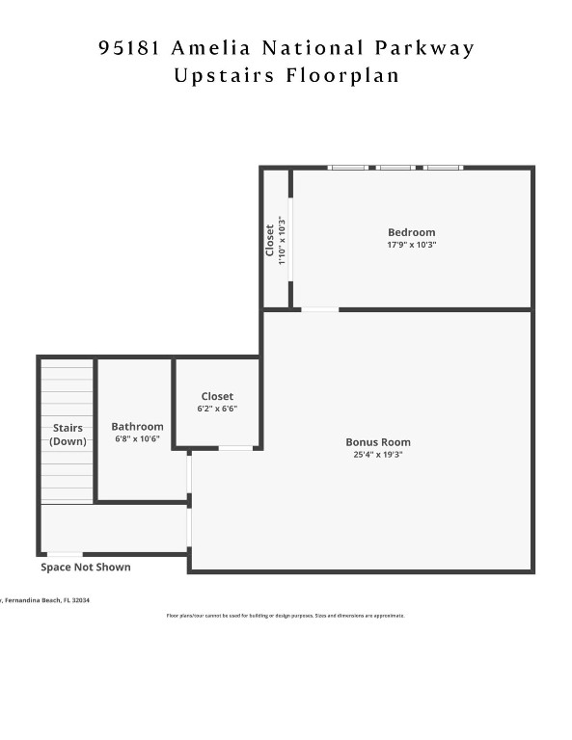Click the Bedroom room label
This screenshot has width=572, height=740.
coord(411,232)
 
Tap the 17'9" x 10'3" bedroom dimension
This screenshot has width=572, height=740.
coord(411,245)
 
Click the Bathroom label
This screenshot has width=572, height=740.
coord(137,426)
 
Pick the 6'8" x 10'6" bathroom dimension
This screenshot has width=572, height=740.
coord(137,438)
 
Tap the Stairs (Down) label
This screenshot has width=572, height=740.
coord(68,435)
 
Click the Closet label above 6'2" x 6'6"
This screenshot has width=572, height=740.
coord(217,396)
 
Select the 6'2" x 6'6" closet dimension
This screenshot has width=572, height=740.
coord(217,409)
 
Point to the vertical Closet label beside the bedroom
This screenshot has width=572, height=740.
coord(270,241)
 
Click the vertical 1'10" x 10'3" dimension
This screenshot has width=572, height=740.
coord(282,241)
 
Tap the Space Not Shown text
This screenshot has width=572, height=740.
coord(85,568)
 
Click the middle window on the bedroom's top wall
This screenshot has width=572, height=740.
coord(395,168)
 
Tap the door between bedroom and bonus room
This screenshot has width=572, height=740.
coord(319,309)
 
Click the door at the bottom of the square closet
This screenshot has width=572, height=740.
coord(235,448)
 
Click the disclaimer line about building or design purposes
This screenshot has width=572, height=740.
coord(286,615)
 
